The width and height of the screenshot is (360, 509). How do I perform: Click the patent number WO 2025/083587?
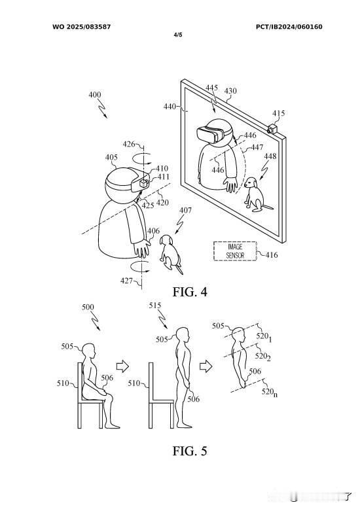tap(82, 27)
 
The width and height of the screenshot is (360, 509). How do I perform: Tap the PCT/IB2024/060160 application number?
tap(289, 27)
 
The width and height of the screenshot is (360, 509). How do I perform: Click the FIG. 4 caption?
tap(190, 292)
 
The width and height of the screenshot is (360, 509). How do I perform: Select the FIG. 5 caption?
tap(190, 451)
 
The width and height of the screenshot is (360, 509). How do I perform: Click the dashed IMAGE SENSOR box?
tap(235, 251)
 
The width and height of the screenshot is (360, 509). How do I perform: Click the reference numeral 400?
tap(95, 95)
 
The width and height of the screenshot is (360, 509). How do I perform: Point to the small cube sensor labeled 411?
tap(143, 184)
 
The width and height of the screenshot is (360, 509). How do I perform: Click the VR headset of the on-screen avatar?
tap(211, 134)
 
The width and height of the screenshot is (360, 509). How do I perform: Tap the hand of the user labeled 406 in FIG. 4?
tap(141, 249)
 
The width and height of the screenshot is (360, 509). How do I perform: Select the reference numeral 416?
tap(271, 254)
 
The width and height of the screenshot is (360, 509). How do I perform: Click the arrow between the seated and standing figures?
tap(122, 366)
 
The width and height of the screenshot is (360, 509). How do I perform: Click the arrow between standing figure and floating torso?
tap(206, 366)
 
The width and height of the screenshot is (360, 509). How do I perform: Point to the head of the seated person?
tap(88, 351)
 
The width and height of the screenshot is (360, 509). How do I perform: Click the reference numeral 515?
tap(155, 305)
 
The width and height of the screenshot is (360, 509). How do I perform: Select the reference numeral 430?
tap(230, 91)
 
